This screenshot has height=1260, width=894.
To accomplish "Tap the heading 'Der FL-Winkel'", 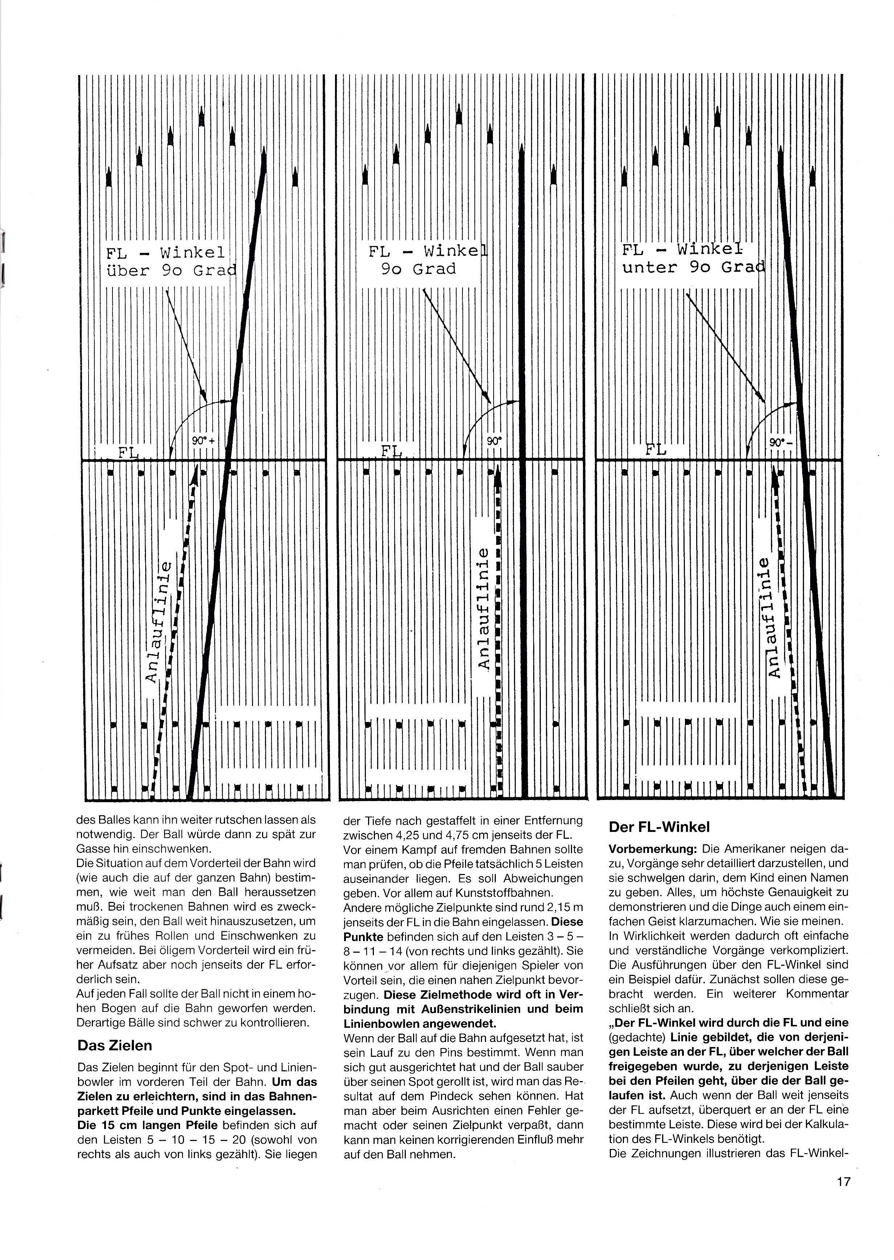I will tap(659, 827).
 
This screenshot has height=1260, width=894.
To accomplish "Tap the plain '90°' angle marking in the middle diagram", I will tap(494, 441).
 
